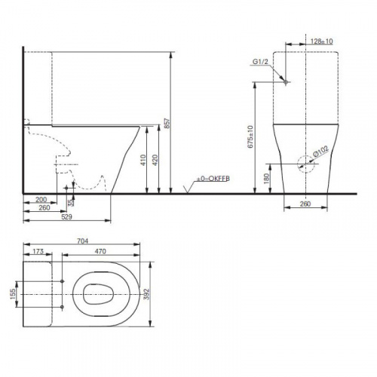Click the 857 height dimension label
168,123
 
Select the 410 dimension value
143,160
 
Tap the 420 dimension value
155,160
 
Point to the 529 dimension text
66,216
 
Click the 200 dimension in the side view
41,200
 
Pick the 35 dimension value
71,202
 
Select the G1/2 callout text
260,62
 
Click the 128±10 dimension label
322,41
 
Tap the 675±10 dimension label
251,136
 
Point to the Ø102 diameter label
320,152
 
